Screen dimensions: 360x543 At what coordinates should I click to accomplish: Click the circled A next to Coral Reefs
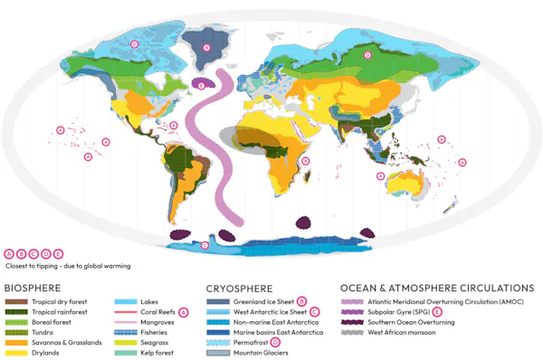coord(184,311)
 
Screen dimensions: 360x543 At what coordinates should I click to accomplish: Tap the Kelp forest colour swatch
coord(125,354)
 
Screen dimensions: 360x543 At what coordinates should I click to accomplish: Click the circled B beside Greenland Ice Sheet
coord(302,300)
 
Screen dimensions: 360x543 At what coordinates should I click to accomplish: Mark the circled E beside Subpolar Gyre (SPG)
coord(436,311)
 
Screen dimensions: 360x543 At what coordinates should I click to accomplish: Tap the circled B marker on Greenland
coord(206,47)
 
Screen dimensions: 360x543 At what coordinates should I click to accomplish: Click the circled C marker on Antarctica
coord(205,244)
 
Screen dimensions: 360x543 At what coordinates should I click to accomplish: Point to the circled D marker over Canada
coord(134,43)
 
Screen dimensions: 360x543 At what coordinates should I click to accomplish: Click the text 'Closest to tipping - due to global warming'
coord(69,266)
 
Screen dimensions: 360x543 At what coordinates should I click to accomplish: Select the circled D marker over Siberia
coord(367,54)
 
